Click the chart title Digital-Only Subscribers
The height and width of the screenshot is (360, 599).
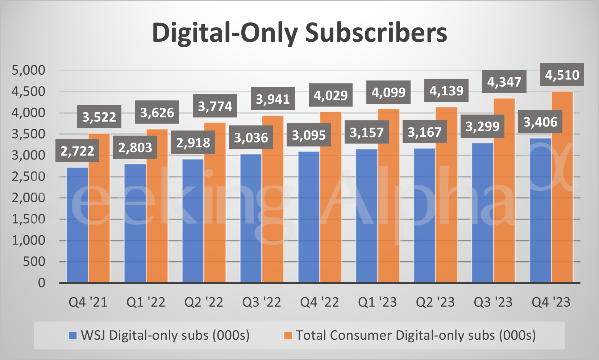coord(299,33)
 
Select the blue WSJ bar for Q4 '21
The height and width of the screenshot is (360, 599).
coord(77,225)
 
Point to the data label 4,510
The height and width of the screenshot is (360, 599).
coord(562,75)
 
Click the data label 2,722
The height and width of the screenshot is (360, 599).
coord(77,151)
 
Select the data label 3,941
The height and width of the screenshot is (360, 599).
coord(273,99)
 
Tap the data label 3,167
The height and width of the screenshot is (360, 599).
coord(425,132)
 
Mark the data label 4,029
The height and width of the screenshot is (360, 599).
coord(330,95)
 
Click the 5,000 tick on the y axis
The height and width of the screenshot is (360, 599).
coord(29,70)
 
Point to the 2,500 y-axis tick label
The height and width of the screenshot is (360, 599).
coord(29,177)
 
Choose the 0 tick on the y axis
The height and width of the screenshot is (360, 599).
coord(41,283)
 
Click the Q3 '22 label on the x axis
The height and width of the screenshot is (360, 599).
coord(262,302)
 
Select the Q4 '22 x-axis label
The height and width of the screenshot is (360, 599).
coord(320,302)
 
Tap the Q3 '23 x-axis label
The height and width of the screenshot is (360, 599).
coord(493,302)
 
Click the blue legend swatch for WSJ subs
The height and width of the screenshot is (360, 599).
coord(73,335)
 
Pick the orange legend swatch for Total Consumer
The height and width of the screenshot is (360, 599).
coord(288,335)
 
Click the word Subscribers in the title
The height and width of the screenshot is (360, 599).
coord(376,33)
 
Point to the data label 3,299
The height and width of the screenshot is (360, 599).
coord(482,127)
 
